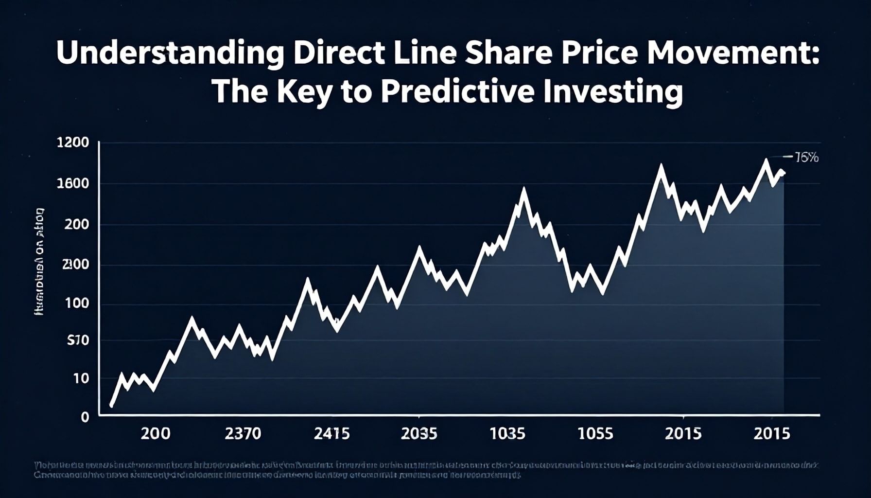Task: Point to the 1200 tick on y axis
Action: click(73, 142)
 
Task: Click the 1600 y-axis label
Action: click(73, 184)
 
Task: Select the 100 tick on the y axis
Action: click(77, 303)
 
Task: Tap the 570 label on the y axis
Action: click(78, 340)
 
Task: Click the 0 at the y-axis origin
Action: click(85, 417)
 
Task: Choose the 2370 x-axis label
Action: click(243, 433)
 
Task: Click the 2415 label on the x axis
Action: click(331, 433)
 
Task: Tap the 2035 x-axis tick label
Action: click(418, 433)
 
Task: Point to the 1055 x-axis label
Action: click(595, 433)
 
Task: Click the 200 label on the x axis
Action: click(156, 433)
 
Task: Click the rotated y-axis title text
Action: click(40, 262)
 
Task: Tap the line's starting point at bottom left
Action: click(111, 405)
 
